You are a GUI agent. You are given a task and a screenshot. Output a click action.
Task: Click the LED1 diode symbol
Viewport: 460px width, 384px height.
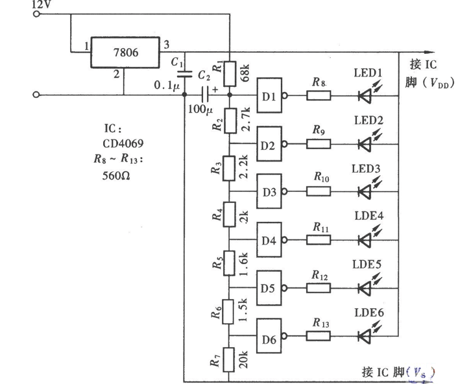click(x=365, y=96)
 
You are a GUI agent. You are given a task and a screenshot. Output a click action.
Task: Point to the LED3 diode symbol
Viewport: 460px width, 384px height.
click(x=365, y=192)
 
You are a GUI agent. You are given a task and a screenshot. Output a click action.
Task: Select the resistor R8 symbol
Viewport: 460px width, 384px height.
click(x=318, y=96)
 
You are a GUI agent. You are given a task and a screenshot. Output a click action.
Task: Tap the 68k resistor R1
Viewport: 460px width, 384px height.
click(x=229, y=73)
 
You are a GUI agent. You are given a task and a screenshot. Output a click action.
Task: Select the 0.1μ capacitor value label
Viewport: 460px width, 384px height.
click(x=165, y=84)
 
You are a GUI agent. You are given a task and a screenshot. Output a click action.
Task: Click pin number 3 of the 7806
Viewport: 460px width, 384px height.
click(x=167, y=43)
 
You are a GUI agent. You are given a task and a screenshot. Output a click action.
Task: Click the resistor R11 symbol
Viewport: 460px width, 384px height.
click(x=318, y=240)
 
